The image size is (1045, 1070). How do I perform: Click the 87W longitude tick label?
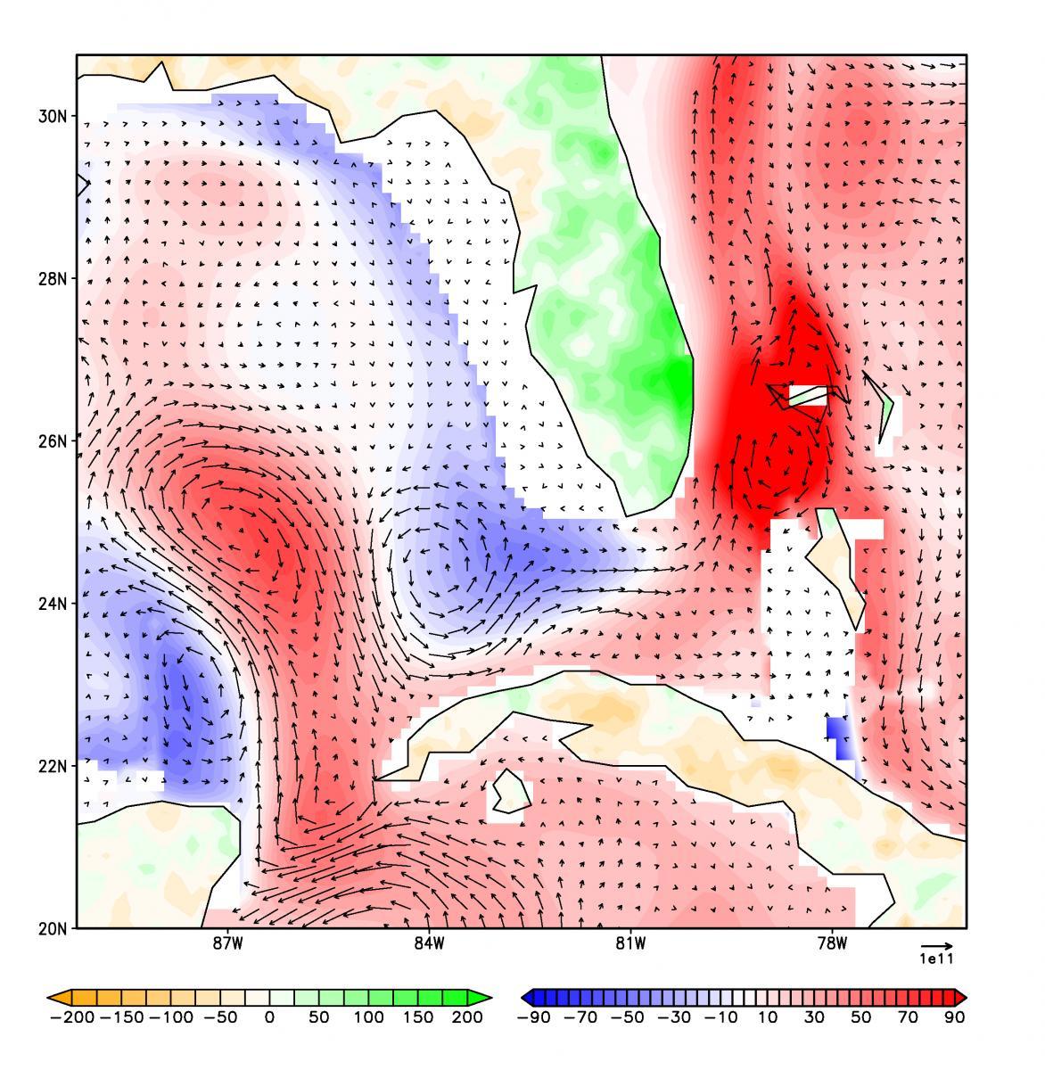(x=227, y=945)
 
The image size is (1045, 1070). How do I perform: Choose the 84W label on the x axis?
(x=429, y=945)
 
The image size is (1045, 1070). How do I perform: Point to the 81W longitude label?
(x=630, y=945)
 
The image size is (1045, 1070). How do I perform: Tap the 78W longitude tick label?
(x=832, y=945)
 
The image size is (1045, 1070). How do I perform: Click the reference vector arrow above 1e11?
(x=936, y=945)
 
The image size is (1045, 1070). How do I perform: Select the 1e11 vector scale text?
(x=936, y=959)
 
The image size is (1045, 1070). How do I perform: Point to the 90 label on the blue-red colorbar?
(x=954, y=1017)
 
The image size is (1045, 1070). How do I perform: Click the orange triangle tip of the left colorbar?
(x=55, y=996)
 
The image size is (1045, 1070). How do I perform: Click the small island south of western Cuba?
(x=510, y=791)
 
